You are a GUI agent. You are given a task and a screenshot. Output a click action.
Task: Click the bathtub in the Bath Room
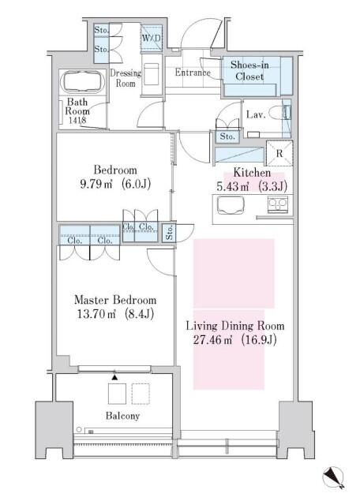[x=84, y=81]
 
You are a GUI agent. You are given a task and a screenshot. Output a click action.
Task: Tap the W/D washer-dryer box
[x=152, y=38]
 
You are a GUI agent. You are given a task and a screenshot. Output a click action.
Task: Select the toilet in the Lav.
[x=279, y=113]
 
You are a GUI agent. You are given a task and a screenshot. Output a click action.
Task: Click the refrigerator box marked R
[x=279, y=153]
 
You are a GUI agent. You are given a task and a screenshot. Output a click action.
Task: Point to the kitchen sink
[x=231, y=205]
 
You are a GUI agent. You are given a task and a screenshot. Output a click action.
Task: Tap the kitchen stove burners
[x=278, y=204]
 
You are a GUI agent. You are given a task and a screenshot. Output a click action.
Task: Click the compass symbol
[x=334, y=477]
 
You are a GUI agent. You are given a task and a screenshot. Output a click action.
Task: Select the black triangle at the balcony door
[x=114, y=377]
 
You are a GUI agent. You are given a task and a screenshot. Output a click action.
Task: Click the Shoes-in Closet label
[x=249, y=70]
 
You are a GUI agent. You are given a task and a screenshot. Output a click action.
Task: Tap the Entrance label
[x=193, y=73]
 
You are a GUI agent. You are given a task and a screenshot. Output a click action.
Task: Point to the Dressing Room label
[x=126, y=78]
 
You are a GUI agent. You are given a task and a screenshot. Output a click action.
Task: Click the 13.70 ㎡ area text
[x=95, y=314]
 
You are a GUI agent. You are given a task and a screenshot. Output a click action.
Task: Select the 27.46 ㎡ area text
[x=212, y=340]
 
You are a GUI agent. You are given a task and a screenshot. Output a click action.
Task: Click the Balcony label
[x=122, y=416]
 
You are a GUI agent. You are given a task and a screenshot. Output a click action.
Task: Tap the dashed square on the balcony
[x=141, y=394]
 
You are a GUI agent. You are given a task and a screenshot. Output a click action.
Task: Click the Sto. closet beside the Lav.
[x=227, y=136]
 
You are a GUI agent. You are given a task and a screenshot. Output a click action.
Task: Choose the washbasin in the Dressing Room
[x=152, y=74]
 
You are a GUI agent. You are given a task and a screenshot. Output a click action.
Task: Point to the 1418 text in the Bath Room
[x=77, y=120]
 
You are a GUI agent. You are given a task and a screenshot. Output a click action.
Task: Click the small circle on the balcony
[x=79, y=429]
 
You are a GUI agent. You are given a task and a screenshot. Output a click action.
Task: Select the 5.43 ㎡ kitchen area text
[x=233, y=186]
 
